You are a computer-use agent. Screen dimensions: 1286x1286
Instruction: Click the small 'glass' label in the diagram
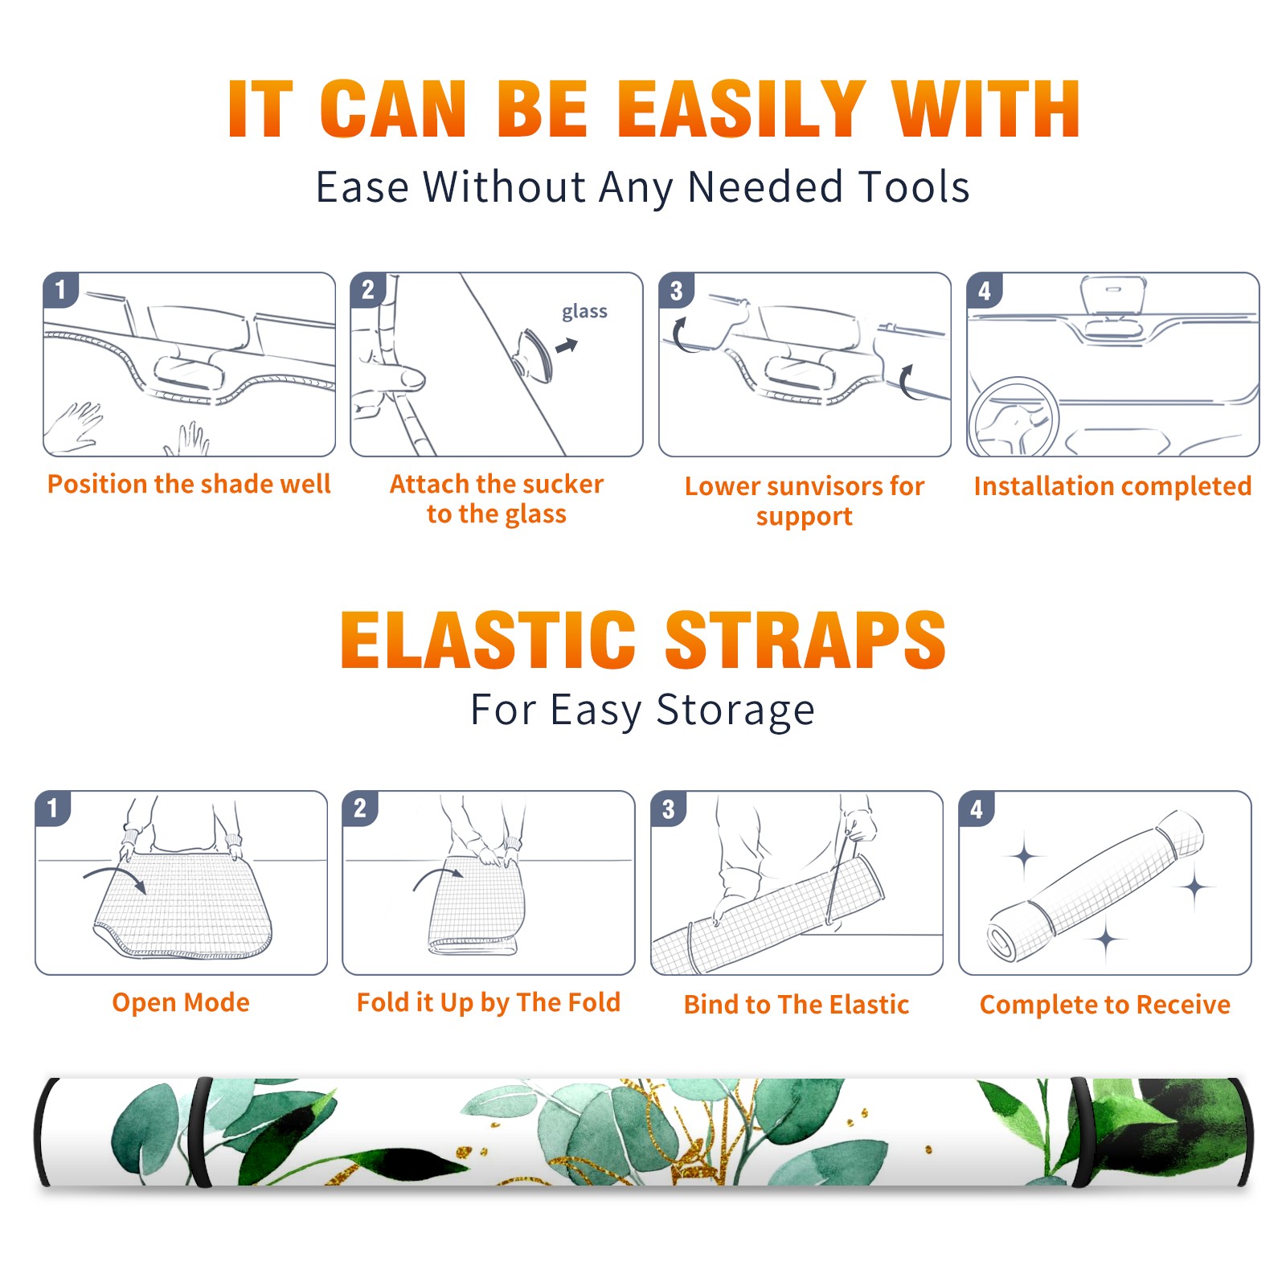coord(584,312)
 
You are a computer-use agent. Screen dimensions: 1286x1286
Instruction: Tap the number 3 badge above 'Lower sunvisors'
coord(676,290)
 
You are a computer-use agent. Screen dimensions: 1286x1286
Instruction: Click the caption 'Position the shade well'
coord(189,484)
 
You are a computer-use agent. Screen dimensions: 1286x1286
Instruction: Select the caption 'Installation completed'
coord(1112,485)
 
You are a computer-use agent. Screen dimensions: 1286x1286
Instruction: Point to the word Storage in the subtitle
coord(735,711)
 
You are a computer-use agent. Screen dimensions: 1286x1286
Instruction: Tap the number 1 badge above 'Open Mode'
coord(53,808)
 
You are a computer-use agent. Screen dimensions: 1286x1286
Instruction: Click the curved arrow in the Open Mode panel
coord(114,876)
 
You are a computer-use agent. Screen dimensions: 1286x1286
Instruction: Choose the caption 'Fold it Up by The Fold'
coord(489,1002)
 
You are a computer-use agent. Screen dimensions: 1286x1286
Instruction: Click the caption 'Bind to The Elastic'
coord(797,1005)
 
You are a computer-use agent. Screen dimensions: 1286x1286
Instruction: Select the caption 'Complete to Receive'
coord(1105,1005)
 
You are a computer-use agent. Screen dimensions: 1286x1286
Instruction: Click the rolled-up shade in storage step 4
coord(1096,886)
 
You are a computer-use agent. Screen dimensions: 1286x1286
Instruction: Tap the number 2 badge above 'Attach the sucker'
coord(368,290)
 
